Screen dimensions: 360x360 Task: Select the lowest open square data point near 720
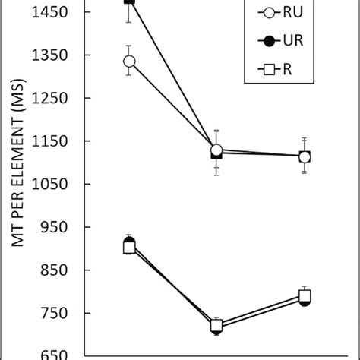216,326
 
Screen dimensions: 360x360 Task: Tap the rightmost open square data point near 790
304,296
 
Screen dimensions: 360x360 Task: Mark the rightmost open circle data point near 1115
304,157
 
